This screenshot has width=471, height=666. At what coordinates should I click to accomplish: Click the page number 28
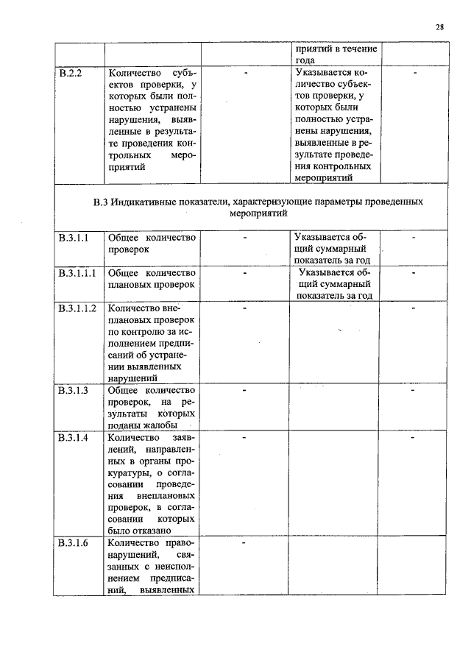pyautogui.click(x=439, y=27)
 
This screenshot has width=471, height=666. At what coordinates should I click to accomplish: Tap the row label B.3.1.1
pyautogui.click(x=74, y=238)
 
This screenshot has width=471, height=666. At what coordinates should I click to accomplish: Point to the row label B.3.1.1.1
pyautogui.click(x=77, y=273)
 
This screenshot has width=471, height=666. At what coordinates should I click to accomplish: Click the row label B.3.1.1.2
pyautogui.click(x=77, y=308)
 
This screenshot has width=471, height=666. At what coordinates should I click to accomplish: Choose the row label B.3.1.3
pyautogui.click(x=74, y=390)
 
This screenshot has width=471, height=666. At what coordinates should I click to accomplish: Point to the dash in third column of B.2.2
pyautogui.click(x=244, y=74)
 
